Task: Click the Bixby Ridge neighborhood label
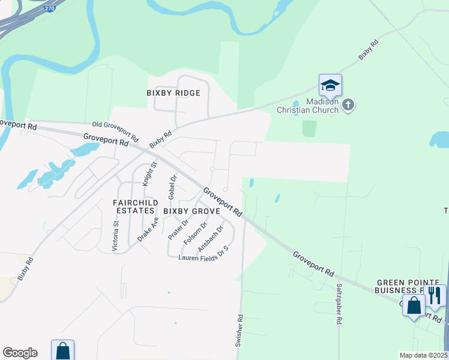(173, 93)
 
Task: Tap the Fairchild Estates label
(135, 207)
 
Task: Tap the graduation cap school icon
(330, 86)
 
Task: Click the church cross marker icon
(348, 106)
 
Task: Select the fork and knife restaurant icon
(435, 296)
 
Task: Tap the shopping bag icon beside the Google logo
(62, 351)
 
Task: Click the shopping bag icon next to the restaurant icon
(414, 305)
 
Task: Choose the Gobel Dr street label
(173, 187)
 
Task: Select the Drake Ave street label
(148, 229)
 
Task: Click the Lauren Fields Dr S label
(204, 253)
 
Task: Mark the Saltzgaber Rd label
(339, 304)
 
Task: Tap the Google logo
(20, 353)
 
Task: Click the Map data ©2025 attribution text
(423, 355)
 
